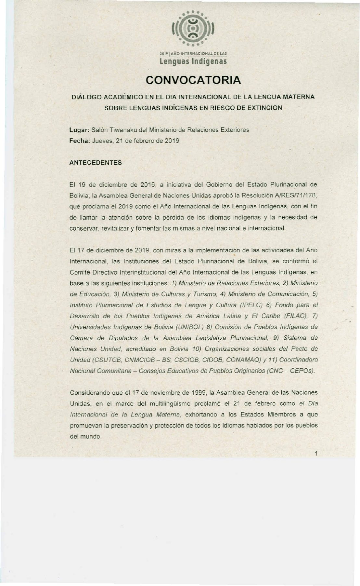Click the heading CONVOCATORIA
(x=193, y=80)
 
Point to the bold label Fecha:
(x=80, y=141)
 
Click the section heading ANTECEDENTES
(x=96, y=163)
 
